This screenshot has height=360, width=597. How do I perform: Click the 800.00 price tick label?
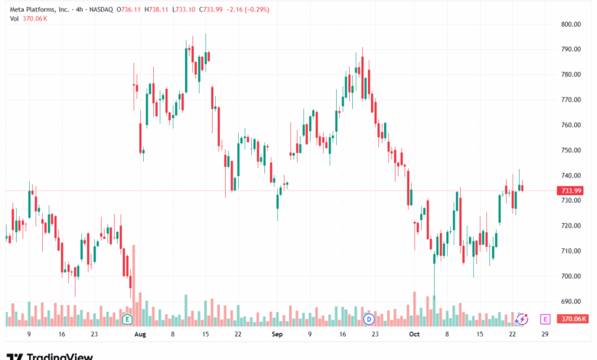pos(572,24)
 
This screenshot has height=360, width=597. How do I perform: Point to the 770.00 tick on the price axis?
pos(572,100)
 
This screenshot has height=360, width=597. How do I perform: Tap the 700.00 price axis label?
pos(572,276)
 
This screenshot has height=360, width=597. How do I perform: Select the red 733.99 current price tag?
pos(572,191)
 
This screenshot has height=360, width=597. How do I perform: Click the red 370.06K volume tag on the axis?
pos(572,319)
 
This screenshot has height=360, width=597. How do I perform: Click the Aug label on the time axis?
pos(139,335)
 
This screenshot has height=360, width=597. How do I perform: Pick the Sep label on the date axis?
pos(276,335)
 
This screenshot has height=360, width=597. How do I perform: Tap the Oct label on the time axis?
pos(415,335)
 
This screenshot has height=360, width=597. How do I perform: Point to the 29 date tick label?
pos(545,335)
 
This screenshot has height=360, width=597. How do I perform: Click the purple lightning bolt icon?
pos(522,319)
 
